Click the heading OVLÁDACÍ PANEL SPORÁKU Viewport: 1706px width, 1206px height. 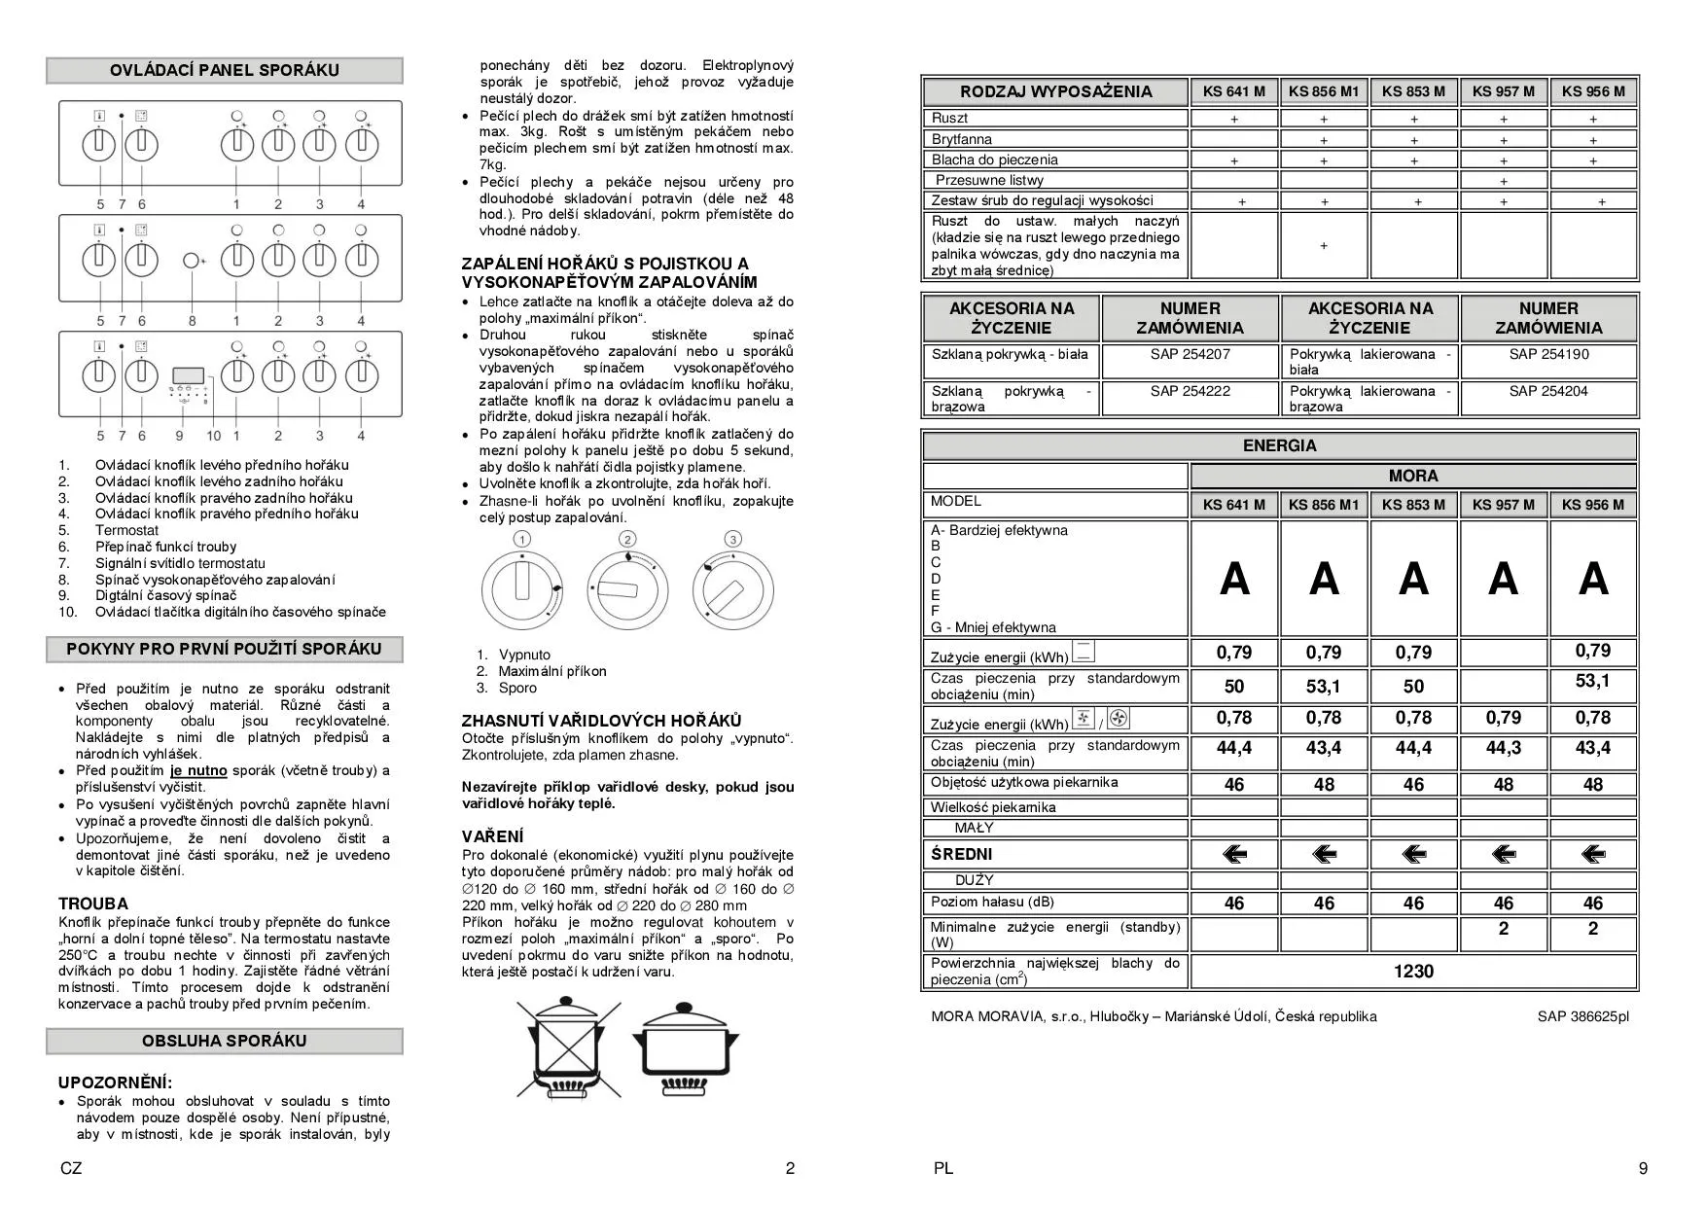(x=225, y=70)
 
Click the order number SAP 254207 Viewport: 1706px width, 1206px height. (x=1190, y=354)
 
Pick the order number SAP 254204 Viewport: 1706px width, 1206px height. (x=1548, y=391)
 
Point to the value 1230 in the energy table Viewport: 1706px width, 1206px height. (x=1413, y=971)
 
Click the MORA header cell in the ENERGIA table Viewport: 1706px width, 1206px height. (x=1413, y=476)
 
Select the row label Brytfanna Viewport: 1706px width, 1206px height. (x=962, y=139)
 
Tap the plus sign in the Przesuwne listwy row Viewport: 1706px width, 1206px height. (x=1504, y=181)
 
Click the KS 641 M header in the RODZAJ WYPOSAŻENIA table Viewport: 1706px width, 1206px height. (x=1233, y=91)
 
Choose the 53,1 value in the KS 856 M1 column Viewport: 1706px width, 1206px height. (x=1324, y=687)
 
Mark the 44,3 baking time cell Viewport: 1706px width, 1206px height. (x=1503, y=748)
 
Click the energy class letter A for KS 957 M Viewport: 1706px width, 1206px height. (x=1503, y=580)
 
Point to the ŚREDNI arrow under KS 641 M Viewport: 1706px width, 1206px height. (x=1234, y=854)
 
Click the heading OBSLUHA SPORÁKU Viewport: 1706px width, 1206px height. (x=225, y=1041)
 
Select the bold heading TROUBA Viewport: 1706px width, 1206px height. (x=93, y=904)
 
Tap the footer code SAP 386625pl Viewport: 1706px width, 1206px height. (x=1582, y=1016)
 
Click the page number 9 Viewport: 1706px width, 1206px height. (x=1643, y=1168)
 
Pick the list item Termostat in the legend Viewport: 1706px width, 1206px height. (x=126, y=530)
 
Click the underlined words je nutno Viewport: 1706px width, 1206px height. (x=198, y=770)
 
